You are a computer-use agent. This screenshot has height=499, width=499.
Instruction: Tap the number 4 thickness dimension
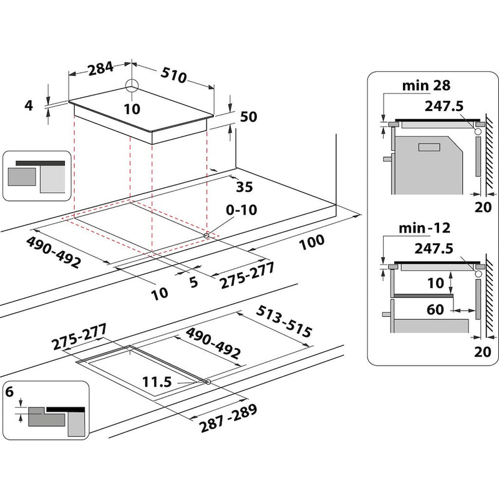pyautogui.click(x=28, y=105)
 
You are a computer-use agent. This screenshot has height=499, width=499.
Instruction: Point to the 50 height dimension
pyautogui.click(x=249, y=117)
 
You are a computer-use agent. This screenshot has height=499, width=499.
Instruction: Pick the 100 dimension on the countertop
pyautogui.click(x=312, y=243)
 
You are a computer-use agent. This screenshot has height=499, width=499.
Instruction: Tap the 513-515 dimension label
pyautogui.click(x=284, y=321)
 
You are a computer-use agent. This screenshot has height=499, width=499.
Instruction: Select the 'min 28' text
pyautogui.click(x=428, y=84)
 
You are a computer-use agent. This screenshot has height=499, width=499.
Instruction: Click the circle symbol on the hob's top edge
pyautogui.click(x=132, y=87)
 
